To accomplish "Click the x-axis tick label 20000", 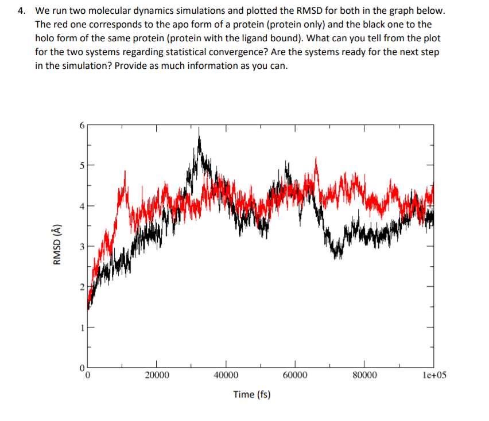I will [x=157, y=376].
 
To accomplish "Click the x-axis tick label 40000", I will [x=226, y=376].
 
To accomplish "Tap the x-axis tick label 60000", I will [x=295, y=376].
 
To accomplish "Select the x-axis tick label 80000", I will [x=364, y=376].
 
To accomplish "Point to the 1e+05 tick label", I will [x=433, y=376].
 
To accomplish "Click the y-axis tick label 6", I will [x=81, y=126].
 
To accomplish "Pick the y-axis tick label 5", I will [x=81, y=166].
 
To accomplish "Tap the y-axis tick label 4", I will [x=81, y=206].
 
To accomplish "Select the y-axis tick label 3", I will [x=81, y=247].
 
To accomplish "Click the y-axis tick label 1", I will [x=81, y=327].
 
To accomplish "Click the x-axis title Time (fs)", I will [x=252, y=395].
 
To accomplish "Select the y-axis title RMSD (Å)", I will [x=56, y=245].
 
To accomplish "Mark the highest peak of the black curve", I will [x=199, y=130].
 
